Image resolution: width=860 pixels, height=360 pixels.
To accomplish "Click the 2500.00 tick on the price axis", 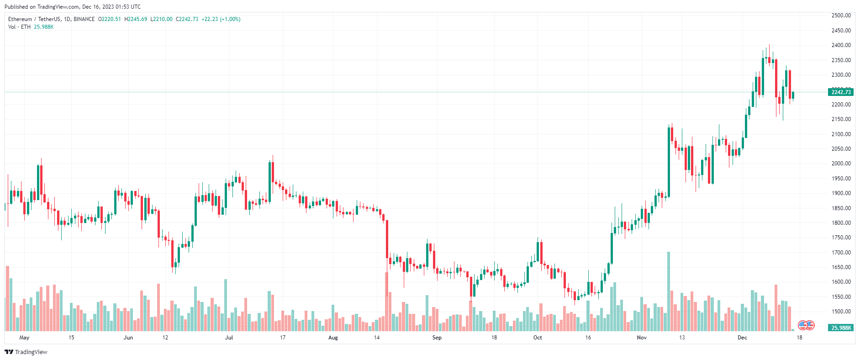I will click(841, 16).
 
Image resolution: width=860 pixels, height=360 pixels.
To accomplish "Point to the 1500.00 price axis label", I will click(841, 312).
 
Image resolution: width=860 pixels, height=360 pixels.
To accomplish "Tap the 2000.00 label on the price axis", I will click(841, 164).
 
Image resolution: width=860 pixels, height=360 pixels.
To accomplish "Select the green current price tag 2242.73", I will click(840, 92).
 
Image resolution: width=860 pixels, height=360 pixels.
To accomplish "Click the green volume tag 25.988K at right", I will click(840, 328).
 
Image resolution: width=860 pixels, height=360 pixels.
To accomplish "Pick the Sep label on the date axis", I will click(437, 338).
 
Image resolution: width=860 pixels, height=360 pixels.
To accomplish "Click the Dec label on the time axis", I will click(742, 338).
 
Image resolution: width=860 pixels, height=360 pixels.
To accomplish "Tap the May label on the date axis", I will click(24, 338).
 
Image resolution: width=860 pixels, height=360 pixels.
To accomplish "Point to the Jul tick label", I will click(229, 338).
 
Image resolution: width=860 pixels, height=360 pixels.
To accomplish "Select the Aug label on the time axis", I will click(333, 338).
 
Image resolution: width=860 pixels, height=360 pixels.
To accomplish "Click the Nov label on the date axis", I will click(642, 338).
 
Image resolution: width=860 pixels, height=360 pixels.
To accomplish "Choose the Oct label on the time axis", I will click(538, 338).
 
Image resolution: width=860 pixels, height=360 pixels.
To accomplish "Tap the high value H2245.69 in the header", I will click(136, 19).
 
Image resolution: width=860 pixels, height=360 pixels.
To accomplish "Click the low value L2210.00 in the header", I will click(162, 19).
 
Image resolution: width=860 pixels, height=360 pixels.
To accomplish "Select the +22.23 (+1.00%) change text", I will click(221, 19).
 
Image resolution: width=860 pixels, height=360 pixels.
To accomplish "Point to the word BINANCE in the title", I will click(84, 19).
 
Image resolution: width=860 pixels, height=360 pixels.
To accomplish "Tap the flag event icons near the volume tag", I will click(806, 325).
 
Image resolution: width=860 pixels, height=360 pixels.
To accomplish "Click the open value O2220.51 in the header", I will click(110, 19).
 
